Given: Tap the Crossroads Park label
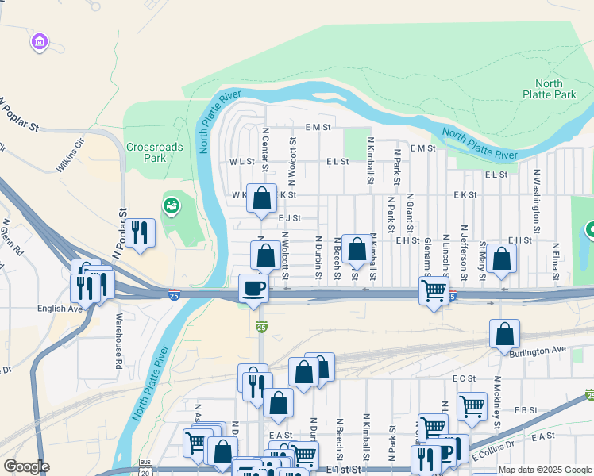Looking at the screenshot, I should tap(154, 152).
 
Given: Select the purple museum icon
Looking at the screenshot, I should tap(39, 40).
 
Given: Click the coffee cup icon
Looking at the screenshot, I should tap(254, 288).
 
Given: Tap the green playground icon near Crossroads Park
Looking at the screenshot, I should tap(170, 206).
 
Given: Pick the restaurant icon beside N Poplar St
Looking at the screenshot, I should tap(141, 232).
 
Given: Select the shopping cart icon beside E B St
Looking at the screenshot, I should tap(472, 406).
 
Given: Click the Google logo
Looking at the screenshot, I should tap(26, 466).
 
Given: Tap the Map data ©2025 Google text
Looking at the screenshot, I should tap(544, 470).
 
